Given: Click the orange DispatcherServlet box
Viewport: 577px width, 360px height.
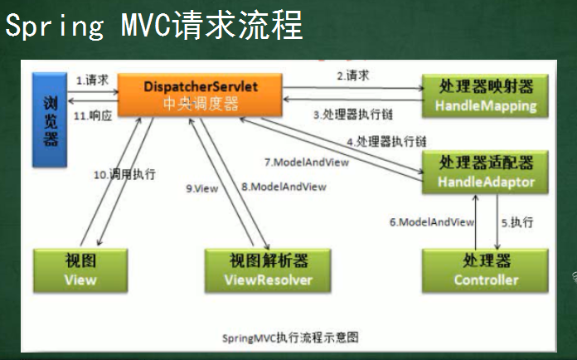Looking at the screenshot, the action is pos(200,95).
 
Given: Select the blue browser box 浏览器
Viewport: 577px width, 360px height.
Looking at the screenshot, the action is pos(50,119).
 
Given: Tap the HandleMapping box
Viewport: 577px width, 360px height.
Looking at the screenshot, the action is pos(485,95).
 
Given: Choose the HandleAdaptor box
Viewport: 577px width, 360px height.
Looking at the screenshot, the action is pos(485,172).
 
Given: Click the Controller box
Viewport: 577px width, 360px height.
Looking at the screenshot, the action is pos(485,270).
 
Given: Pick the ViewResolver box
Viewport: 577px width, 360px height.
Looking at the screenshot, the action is pos(268,270).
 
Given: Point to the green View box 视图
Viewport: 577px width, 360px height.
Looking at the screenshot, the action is pos(80,270).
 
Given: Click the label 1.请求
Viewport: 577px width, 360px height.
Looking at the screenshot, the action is pos(92,80).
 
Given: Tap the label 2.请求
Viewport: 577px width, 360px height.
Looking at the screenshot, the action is pos(353,75).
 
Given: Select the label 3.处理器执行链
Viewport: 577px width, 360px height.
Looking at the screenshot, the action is pos(353,114).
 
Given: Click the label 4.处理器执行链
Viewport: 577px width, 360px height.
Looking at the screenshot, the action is pos(386,141).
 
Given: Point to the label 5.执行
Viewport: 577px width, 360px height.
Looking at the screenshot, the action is pos(517,222).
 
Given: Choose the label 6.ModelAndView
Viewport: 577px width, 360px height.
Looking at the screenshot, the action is pos(432,222).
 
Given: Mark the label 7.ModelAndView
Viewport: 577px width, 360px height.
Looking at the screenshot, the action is pos(307,162).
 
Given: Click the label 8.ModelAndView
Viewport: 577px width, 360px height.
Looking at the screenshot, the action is pos(284,187).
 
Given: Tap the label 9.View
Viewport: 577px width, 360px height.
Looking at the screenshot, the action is pos(202,188).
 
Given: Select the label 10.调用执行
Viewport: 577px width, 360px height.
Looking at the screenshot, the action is pos(124,174).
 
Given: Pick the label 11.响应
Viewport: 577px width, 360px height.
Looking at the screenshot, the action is pos(93,116).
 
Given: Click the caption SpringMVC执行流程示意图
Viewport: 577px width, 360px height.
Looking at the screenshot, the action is pos(290,338).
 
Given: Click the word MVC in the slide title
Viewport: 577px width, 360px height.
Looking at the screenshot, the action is pos(147,25).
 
